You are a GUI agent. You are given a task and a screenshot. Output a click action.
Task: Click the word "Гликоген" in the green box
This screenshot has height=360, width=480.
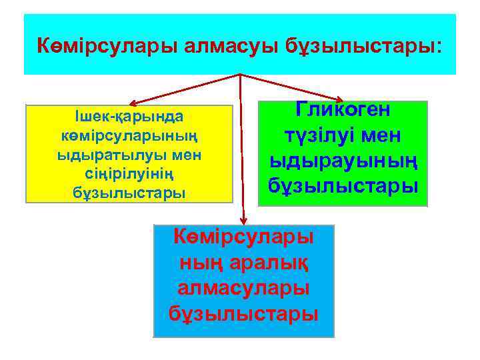tap(343, 111)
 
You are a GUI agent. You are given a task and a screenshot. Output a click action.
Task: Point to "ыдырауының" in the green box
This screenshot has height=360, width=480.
tap(343, 160)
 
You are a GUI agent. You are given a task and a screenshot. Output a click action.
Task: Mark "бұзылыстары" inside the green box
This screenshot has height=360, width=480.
tap(343, 185)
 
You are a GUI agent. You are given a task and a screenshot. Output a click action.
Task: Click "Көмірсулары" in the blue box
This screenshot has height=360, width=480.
tap(243, 236)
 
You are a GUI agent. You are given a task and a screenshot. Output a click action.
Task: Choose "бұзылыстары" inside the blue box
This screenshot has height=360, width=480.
tap(243, 312)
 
